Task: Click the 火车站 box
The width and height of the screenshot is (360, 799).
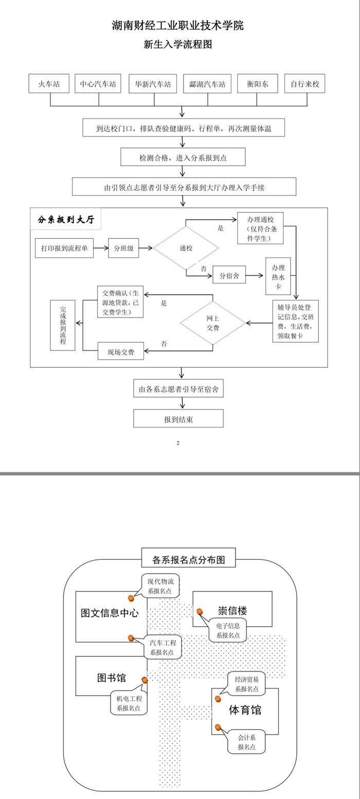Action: pos(49,84)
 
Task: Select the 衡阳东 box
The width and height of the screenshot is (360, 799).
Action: pos(257,84)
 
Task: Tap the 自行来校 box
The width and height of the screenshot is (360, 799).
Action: pos(305,84)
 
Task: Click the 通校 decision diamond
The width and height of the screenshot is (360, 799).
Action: pos(186,248)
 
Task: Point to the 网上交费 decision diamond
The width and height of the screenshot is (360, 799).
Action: pos(213,323)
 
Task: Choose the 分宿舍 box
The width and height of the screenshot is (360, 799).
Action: pos(229,275)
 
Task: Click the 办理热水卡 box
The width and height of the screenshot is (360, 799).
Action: pos(278,276)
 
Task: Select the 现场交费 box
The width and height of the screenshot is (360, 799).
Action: pos(121,351)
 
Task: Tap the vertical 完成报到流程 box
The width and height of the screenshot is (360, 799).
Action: pos(63,325)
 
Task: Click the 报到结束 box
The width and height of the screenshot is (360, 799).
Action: pos(178,419)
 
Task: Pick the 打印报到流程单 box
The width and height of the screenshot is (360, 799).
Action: pos(64,248)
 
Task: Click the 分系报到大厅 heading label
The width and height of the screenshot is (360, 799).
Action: pos(66,219)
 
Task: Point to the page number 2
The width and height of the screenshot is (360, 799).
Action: pos(178,443)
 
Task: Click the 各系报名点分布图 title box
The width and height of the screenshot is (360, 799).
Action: pos(189,558)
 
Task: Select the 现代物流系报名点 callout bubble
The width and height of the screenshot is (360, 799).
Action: pos(160,585)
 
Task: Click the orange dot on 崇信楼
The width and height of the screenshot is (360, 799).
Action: pos(200,611)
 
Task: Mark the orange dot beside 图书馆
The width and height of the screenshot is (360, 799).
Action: pos(145,680)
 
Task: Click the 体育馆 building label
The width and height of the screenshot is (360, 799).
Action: pos(245,710)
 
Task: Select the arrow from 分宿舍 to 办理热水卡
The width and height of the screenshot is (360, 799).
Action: pos(255,275)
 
